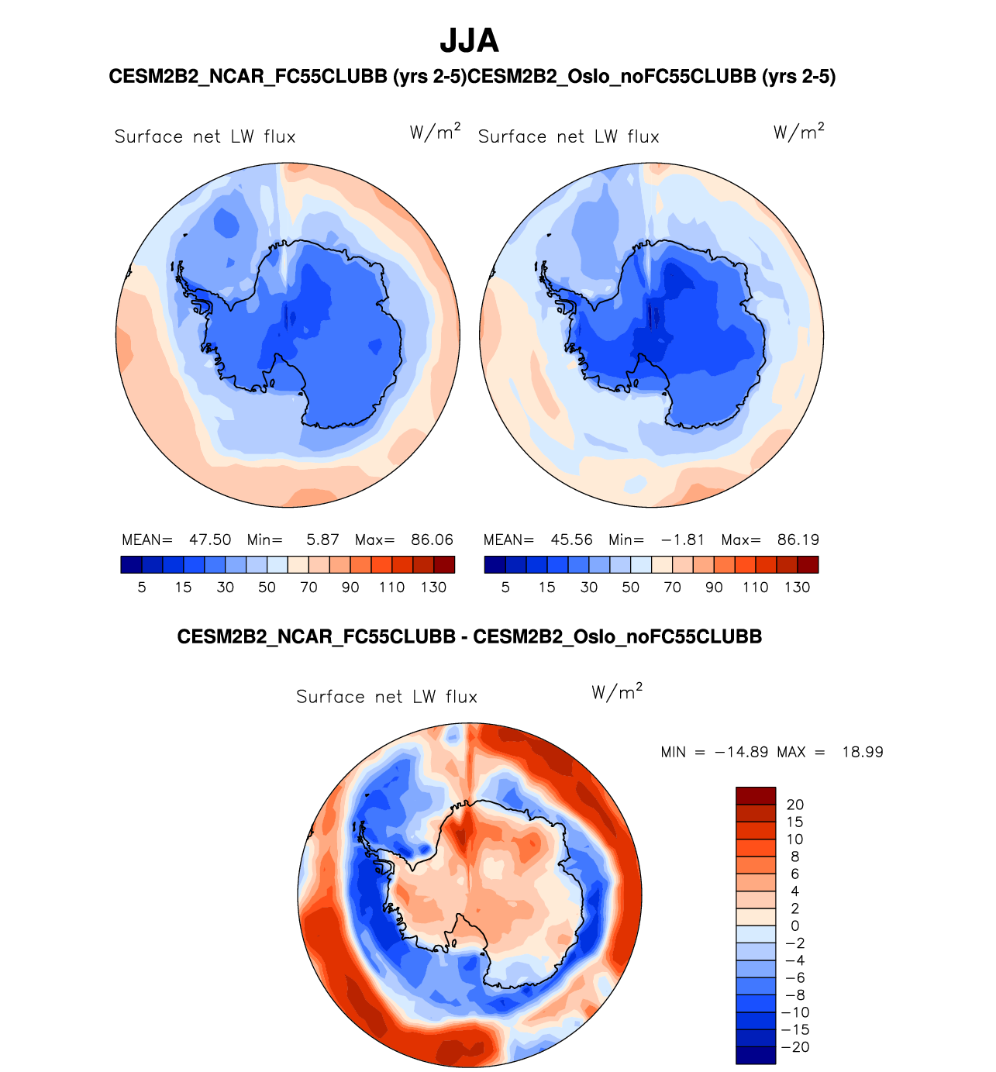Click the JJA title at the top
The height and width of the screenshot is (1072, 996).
469,41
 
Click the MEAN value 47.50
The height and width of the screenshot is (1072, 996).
210,539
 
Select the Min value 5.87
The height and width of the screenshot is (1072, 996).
322,539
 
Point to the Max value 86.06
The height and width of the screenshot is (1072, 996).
432,539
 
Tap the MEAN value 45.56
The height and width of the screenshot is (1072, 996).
571,539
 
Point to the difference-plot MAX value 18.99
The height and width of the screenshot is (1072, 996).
863,752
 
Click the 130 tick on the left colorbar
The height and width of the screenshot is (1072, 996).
433,588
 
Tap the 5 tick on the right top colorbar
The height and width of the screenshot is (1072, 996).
505,588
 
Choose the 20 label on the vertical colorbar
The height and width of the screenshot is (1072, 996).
794,805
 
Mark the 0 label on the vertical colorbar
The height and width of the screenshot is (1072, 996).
794,926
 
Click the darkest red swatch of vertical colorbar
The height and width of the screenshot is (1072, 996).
756,795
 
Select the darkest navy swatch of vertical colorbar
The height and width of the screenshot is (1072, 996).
756,1055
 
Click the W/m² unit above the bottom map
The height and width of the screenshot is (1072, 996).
617,692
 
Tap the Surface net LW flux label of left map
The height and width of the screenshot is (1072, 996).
205,137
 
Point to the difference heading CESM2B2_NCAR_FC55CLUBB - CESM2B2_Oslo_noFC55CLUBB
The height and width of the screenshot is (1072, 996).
469,637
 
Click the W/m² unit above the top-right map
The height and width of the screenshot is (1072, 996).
798,132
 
